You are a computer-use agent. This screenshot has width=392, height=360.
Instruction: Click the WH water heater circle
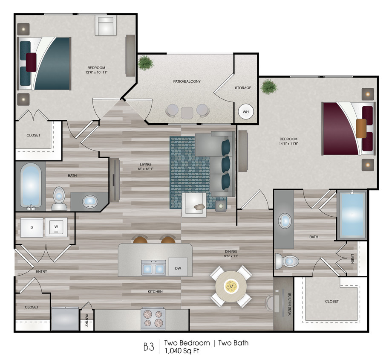245,111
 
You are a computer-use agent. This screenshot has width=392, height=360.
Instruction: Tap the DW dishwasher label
178,268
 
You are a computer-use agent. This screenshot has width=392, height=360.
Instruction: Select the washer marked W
56,227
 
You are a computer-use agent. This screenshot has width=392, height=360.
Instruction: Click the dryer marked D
32,227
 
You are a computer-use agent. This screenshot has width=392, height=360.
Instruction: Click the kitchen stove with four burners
153,319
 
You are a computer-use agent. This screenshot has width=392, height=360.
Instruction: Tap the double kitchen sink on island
153,268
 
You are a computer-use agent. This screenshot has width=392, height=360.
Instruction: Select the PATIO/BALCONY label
185,81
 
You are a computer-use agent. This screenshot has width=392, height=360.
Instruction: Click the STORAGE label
243,88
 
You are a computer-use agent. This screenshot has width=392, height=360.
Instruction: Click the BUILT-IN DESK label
289,304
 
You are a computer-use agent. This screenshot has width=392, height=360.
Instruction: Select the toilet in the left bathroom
58,200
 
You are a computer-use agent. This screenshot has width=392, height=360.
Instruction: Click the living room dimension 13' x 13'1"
146,168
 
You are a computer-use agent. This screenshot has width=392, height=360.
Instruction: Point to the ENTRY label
41,271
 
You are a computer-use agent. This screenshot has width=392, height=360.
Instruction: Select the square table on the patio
187,113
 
